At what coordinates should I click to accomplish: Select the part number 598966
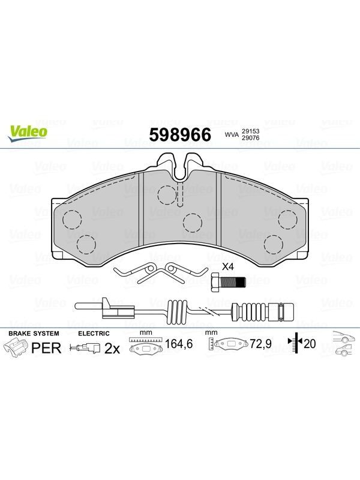pos(180,134)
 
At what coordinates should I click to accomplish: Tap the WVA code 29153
pos(250,131)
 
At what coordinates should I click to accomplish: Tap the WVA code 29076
pos(250,138)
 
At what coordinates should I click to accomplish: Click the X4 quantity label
pos(228,266)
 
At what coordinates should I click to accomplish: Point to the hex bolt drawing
pos(229,281)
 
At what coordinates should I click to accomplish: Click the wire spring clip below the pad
pos(161,273)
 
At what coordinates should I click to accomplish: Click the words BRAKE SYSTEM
pos(34,334)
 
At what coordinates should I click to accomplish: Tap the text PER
pos(47,348)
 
